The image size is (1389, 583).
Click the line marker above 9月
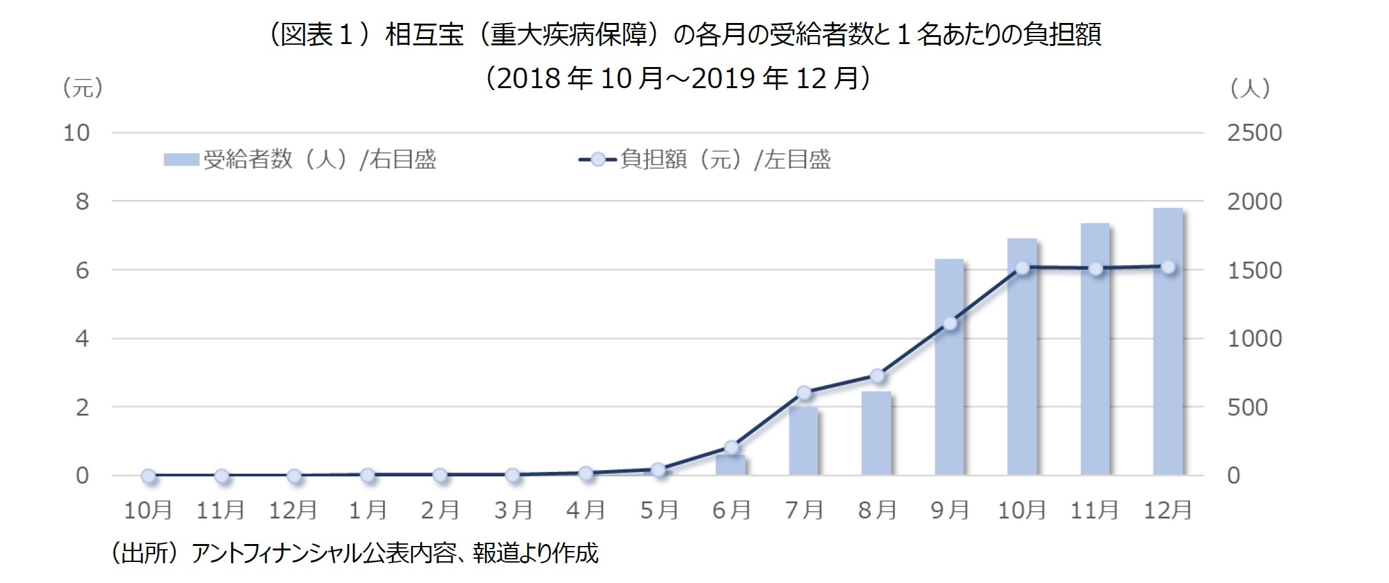point(950,324)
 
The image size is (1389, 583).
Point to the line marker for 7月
point(804,393)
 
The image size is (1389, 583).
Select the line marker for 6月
point(732,447)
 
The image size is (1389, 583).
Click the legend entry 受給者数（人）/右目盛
point(300,159)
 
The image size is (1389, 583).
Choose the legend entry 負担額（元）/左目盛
point(705,159)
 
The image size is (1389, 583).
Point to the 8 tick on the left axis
point(82,202)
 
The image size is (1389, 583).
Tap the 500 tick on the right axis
point(1247,407)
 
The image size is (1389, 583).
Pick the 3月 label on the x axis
point(513,510)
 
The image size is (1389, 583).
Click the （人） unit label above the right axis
point(1250,88)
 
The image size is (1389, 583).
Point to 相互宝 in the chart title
point(424,35)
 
